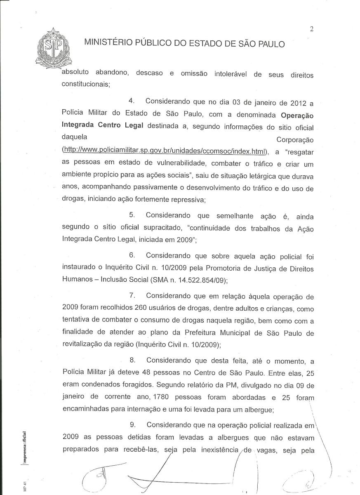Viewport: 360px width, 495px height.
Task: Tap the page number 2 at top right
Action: pyautogui.click(x=311, y=29)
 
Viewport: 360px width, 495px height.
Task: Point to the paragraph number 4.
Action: pyautogui.click(x=132, y=101)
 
